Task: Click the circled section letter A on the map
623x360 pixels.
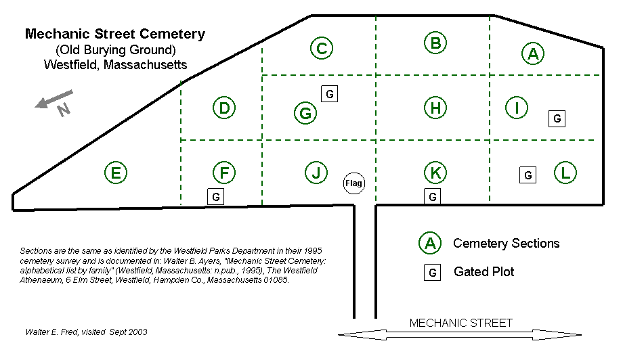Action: (x=533, y=53)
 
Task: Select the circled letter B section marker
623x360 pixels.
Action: (x=435, y=43)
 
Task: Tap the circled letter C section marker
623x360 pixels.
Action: (x=322, y=48)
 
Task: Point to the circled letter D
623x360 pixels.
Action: (x=224, y=108)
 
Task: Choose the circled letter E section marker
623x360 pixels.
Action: (x=116, y=173)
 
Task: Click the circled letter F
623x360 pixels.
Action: (x=223, y=173)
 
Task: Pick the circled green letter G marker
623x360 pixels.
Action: (x=306, y=113)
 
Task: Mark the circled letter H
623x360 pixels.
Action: (x=435, y=107)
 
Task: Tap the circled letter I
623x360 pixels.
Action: (x=517, y=107)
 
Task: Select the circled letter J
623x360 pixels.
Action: (x=316, y=173)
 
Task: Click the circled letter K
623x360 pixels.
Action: (x=435, y=173)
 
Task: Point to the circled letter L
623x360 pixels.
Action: (x=565, y=173)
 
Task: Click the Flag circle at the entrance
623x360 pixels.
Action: (x=354, y=183)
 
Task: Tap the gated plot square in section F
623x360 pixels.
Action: (x=215, y=196)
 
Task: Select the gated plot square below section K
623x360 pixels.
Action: (x=432, y=196)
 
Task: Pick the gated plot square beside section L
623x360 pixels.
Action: (x=528, y=175)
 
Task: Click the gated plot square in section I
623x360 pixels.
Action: (x=557, y=118)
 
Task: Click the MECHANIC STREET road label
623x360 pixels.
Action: (x=461, y=323)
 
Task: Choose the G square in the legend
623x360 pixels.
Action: (x=432, y=272)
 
